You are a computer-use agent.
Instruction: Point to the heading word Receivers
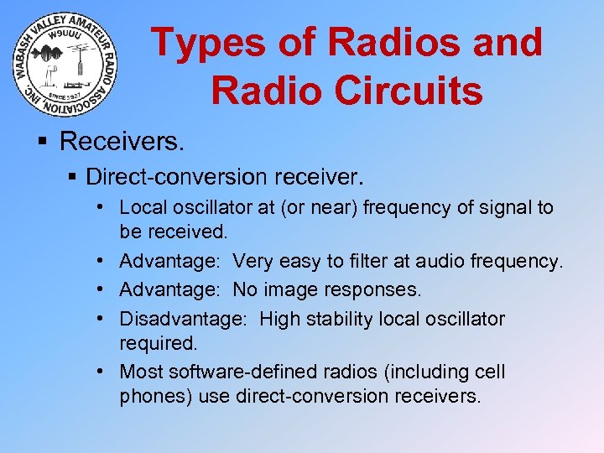pos(121,141)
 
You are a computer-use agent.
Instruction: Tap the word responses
pos(382,289)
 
